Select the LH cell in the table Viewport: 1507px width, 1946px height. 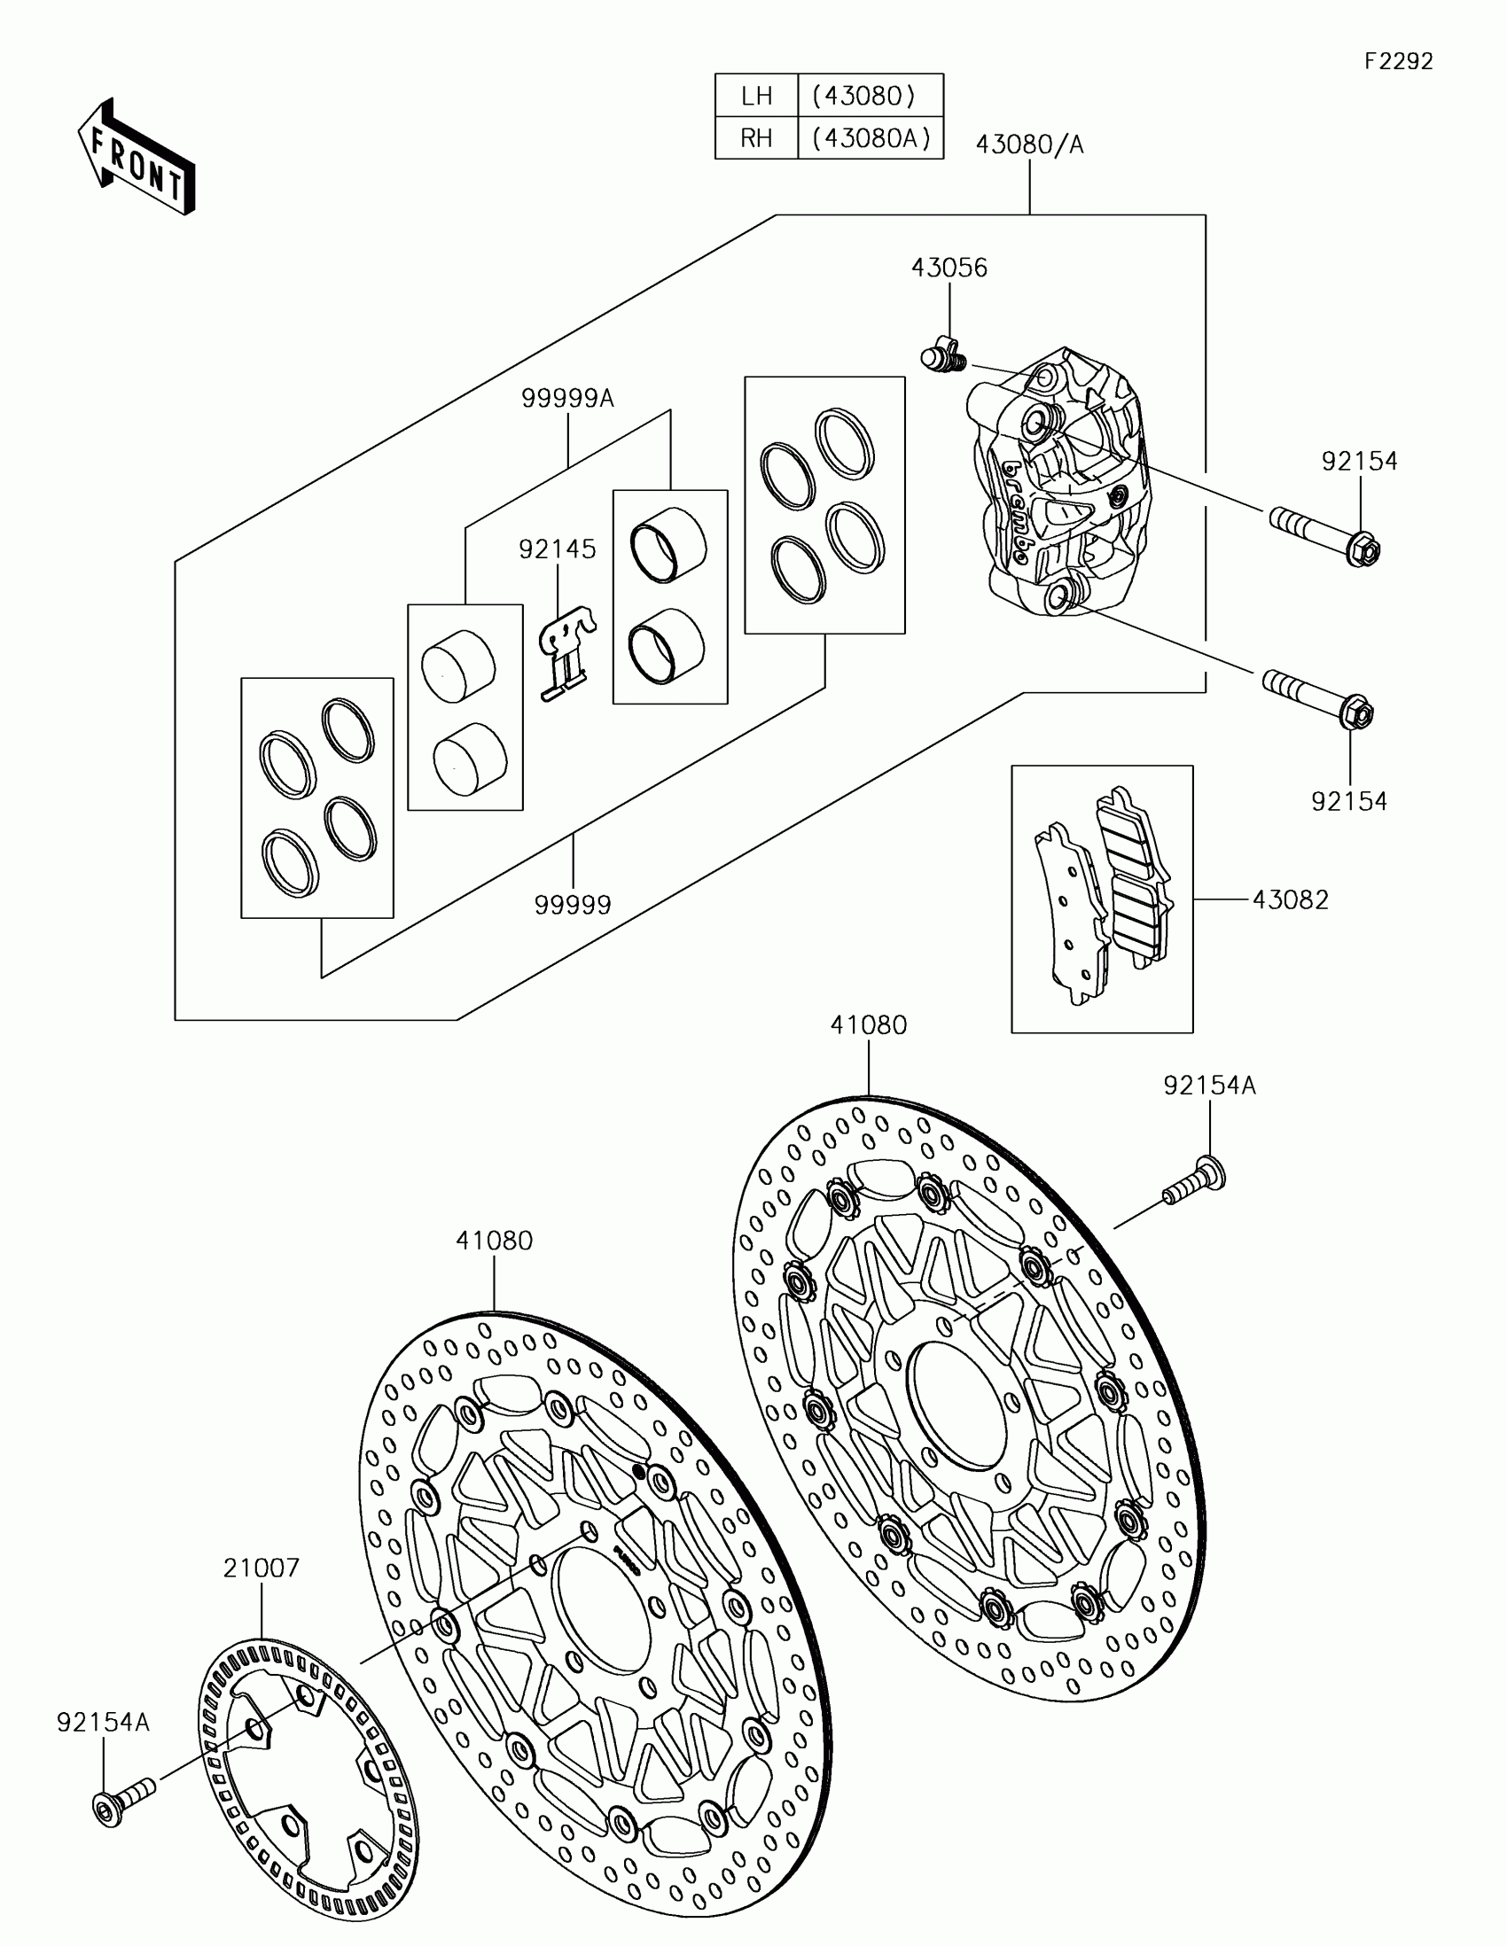756,96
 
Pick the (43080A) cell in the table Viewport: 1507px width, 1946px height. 871,138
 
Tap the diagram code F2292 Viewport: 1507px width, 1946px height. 1398,61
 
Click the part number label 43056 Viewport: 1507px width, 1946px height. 949,269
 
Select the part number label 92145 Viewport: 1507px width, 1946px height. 558,549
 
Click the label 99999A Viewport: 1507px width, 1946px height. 567,398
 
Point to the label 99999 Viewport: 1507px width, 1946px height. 573,906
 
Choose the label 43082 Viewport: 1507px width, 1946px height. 1291,900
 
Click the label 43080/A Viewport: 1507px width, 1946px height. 1029,144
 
